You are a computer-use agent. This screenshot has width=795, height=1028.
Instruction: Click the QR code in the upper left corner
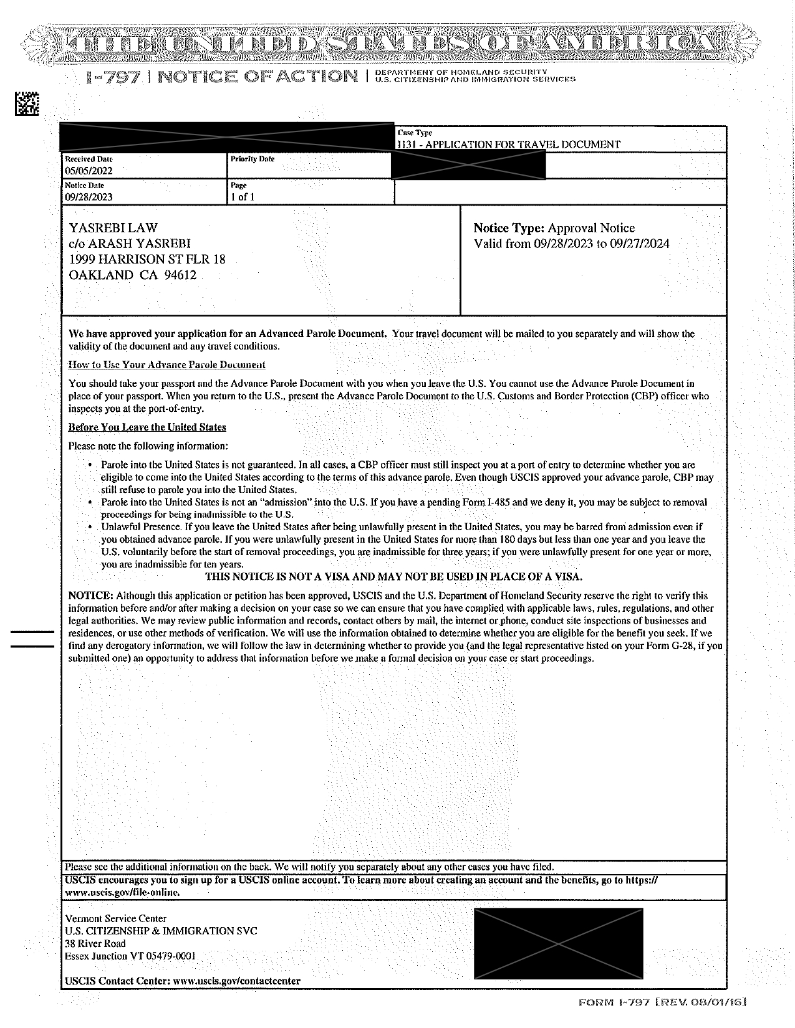click(26, 104)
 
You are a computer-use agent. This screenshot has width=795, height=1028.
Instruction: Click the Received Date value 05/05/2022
click(89, 171)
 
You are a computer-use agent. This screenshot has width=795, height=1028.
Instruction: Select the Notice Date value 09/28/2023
click(89, 197)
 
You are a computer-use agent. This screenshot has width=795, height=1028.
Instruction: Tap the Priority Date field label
click(252, 159)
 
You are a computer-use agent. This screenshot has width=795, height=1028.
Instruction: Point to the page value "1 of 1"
click(243, 197)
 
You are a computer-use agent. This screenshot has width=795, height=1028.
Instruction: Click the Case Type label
click(415, 133)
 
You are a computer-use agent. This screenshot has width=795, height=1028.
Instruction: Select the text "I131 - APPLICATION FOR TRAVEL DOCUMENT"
click(509, 145)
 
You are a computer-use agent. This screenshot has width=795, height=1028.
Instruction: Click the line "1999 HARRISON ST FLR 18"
click(147, 259)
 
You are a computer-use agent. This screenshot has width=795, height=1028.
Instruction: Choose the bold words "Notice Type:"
click(509, 228)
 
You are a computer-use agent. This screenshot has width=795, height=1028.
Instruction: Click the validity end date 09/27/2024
click(639, 244)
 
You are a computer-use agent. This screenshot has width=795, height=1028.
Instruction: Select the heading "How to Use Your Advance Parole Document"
click(166, 365)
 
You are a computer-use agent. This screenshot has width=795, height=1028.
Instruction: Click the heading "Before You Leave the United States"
click(147, 427)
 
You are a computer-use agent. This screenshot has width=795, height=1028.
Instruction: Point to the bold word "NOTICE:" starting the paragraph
click(90, 596)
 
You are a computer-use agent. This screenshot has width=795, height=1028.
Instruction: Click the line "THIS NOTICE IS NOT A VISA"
click(393, 577)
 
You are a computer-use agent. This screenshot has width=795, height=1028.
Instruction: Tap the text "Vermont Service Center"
click(116, 918)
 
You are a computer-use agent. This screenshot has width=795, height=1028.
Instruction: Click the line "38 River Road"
click(95, 943)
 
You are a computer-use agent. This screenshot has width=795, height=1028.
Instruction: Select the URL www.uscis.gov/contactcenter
click(236, 981)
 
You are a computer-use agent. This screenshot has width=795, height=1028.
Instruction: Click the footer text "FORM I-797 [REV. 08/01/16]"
click(662, 1002)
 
